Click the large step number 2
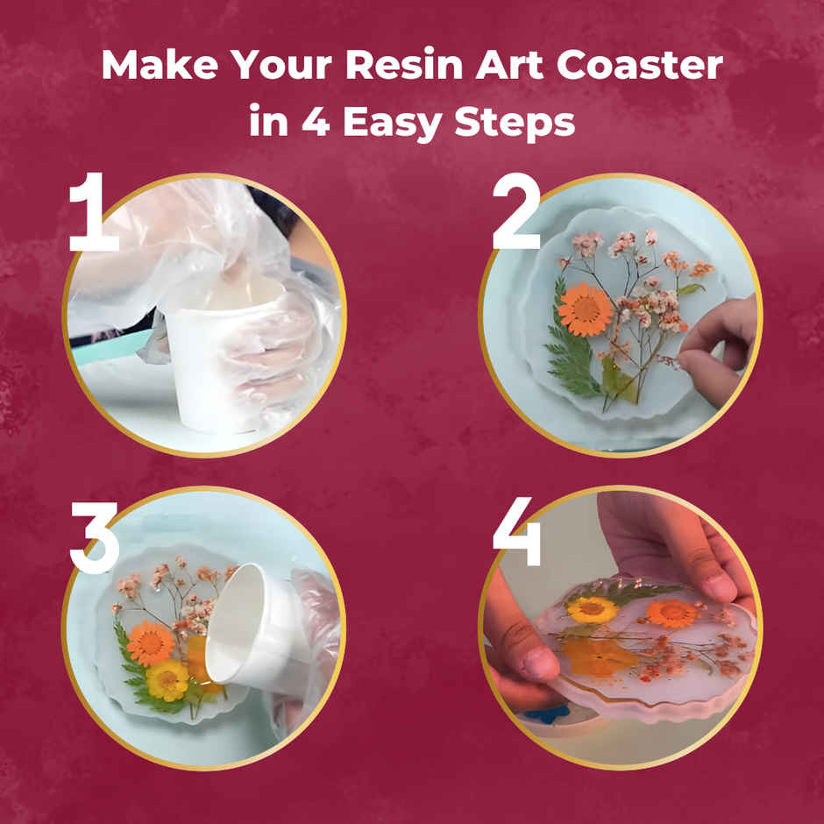[516, 212]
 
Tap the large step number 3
[94, 536]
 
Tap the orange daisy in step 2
[585, 309]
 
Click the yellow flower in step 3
[167, 679]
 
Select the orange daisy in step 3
[151, 643]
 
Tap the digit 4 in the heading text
[314, 122]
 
